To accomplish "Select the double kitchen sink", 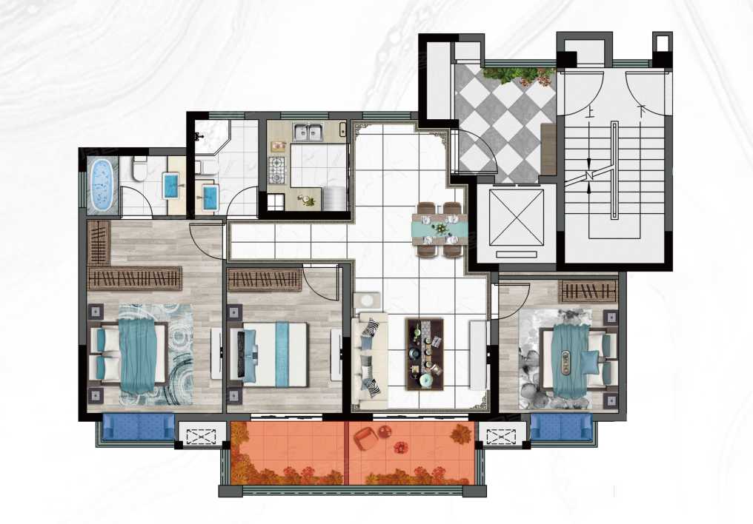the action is [309, 132].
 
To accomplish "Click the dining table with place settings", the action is [439, 229].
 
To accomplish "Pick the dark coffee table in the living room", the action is [425, 354].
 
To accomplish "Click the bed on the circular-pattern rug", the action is [129, 355].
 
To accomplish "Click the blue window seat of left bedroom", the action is [139, 427].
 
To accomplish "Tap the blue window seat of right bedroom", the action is [562, 427].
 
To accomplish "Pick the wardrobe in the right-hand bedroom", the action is [588, 291].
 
